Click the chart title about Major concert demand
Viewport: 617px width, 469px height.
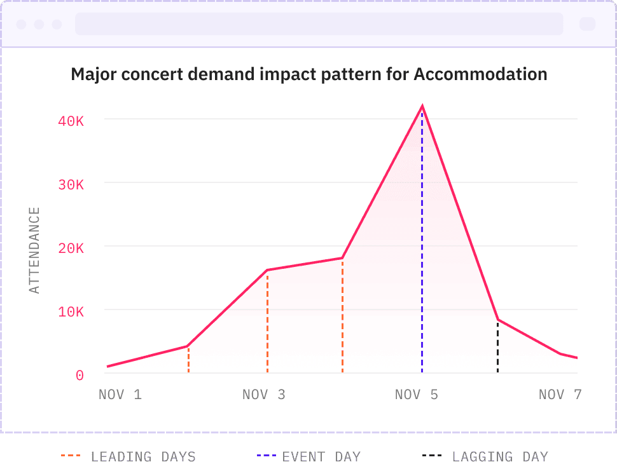pyautogui.click(x=308, y=74)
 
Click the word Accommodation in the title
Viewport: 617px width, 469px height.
pyautogui.click(x=480, y=74)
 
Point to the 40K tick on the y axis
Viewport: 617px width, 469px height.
pyautogui.click(x=71, y=120)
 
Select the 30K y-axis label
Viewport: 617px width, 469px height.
pyautogui.click(x=71, y=184)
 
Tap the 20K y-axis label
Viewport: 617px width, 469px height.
pyautogui.click(x=71, y=248)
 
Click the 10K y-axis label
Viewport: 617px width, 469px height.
pyautogui.click(x=71, y=311)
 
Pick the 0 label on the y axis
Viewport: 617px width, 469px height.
pyautogui.click(x=80, y=376)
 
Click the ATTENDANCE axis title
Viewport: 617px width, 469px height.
pyautogui.click(x=35, y=250)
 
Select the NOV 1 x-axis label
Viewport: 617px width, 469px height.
pyautogui.click(x=120, y=395)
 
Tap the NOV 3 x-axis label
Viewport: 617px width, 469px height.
pyautogui.click(x=264, y=395)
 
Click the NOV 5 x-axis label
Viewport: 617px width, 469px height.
pyautogui.click(x=417, y=395)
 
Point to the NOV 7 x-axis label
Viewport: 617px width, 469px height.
pyautogui.click(x=560, y=395)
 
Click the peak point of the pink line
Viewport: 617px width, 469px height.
pyautogui.click(x=422, y=107)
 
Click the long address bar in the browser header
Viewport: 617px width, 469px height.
pyautogui.click(x=319, y=24)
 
